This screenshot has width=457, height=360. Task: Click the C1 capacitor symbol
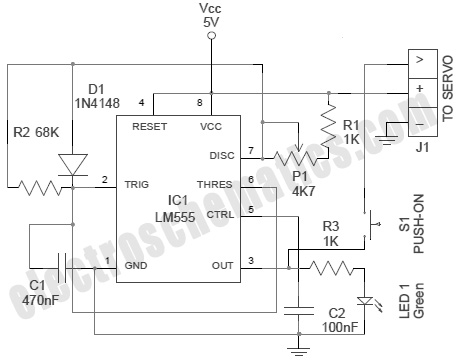pyautogui.click(x=65, y=268)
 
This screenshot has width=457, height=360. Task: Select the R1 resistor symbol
pyautogui.click(x=326, y=128)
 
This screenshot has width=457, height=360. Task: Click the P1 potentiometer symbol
pyautogui.click(x=291, y=158)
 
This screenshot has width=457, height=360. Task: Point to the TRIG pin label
pyautogui.click(x=137, y=184)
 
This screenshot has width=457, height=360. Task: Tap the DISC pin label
pyautogui.click(x=221, y=155)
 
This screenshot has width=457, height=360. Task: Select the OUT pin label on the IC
pyautogui.click(x=223, y=264)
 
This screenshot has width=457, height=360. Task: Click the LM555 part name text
pyautogui.click(x=177, y=215)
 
